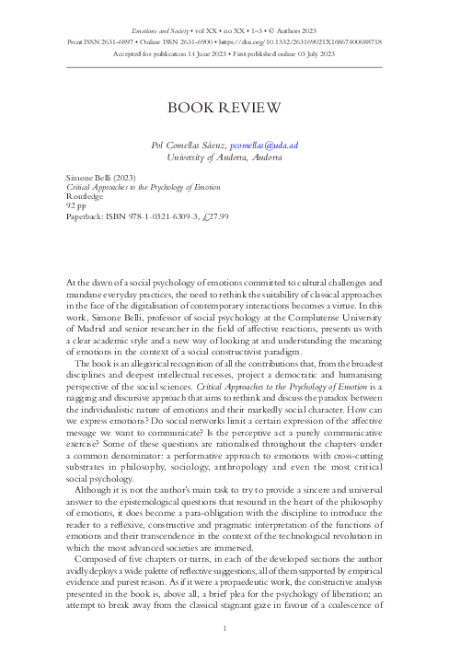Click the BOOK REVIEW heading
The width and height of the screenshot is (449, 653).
[x=224, y=109]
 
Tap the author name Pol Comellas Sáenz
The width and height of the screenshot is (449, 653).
[x=188, y=145]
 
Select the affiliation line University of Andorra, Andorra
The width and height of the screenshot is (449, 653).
[x=224, y=157]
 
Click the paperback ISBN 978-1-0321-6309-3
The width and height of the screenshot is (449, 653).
[x=144, y=217]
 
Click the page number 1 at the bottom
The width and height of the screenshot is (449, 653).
[x=224, y=629]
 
